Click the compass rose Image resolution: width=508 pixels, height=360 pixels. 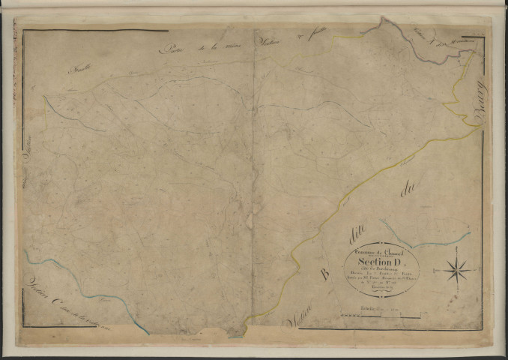click(x=457, y=268)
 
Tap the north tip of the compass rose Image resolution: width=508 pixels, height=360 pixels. click(x=457, y=256)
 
